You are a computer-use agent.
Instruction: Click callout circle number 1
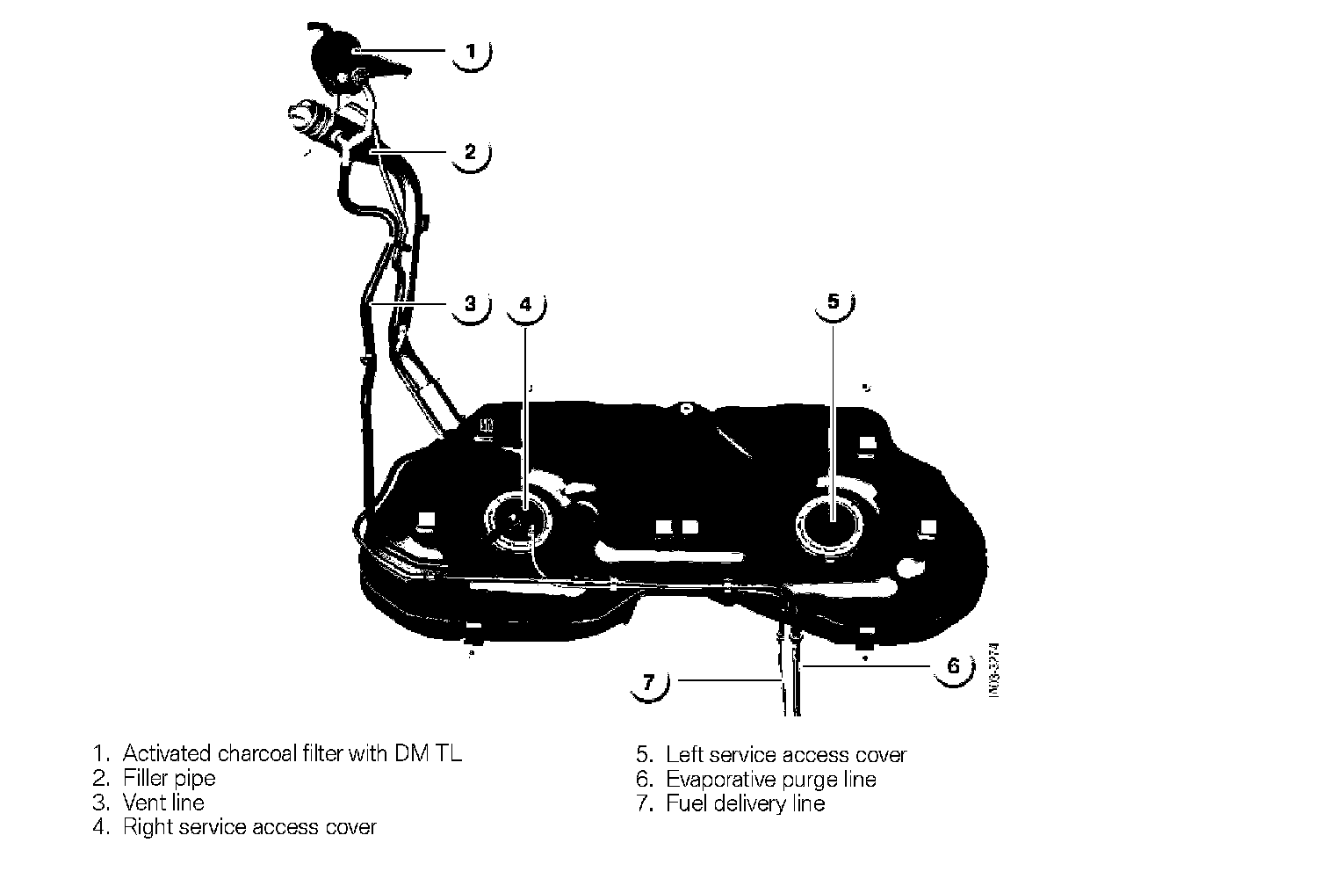click(471, 51)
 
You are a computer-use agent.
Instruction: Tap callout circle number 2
click(470, 152)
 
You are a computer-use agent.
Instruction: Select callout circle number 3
click(470, 304)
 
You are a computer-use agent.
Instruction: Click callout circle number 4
click(525, 304)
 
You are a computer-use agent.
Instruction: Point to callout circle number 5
click(834, 301)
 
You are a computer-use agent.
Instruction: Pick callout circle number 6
click(954, 665)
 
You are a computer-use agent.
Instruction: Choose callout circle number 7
click(649, 681)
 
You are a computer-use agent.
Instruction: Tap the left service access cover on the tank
click(831, 523)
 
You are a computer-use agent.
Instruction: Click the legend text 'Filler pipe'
click(169, 778)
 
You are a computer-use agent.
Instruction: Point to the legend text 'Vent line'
click(163, 803)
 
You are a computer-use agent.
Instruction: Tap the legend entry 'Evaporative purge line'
click(770, 780)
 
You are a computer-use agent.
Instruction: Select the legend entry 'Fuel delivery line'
click(745, 803)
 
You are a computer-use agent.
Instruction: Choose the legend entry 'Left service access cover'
click(785, 755)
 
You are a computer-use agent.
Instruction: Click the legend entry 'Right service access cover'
click(249, 827)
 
